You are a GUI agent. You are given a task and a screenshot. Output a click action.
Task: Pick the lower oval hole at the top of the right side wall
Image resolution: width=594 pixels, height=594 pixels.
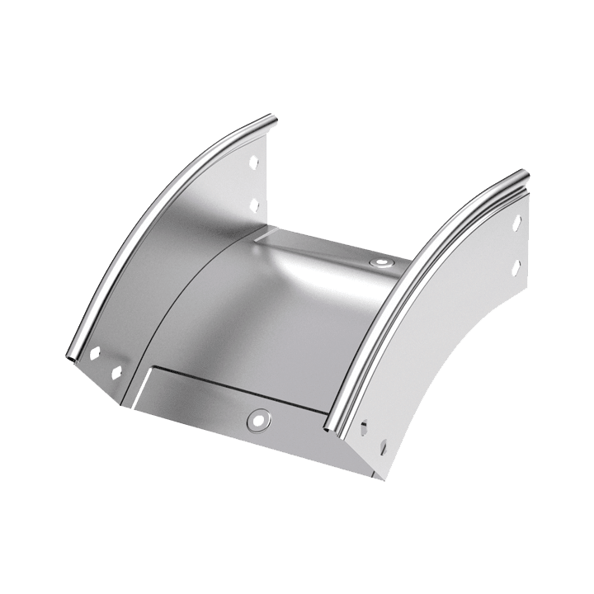pos(517,266)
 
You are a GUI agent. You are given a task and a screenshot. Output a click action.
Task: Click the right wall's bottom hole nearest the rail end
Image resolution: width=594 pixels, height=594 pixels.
pos(365,426)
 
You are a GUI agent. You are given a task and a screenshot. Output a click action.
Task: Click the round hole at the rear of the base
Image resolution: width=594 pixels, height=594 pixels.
pos(380,266)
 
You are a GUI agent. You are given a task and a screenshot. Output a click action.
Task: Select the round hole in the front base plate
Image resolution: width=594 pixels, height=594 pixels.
pos(258,418)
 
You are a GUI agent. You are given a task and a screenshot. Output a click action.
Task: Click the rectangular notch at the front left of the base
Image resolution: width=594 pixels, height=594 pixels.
pos(140,383)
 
